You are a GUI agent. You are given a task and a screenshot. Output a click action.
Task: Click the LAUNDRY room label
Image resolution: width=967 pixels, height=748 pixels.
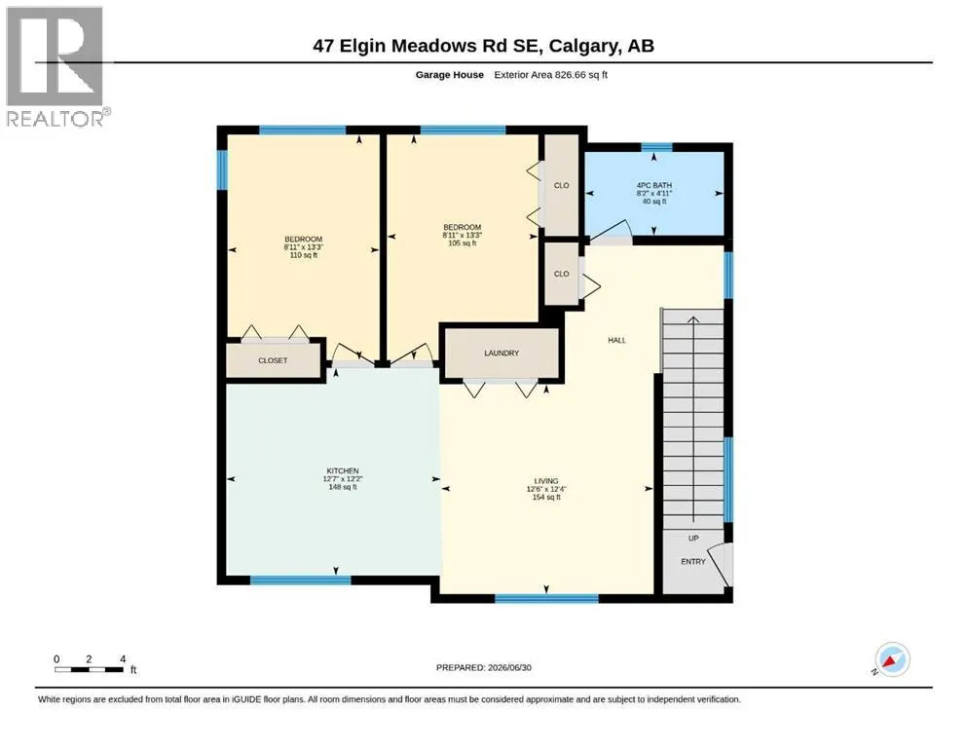[x=502, y=353]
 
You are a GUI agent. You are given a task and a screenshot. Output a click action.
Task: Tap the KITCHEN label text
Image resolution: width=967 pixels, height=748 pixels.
[x=342, y=470]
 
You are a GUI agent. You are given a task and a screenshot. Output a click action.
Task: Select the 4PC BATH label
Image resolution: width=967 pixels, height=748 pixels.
[x=654, y=185]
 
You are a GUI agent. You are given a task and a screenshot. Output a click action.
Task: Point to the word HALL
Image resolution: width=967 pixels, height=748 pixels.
[x=616, y=340]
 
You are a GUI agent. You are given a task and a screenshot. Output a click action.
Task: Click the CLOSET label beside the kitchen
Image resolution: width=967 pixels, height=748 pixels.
[x=273, y=360]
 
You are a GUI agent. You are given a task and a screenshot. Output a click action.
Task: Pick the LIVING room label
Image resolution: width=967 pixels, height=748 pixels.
[x=546, y=481]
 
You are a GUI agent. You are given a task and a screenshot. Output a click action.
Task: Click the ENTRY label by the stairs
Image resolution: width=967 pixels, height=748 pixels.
[x=693, y=562]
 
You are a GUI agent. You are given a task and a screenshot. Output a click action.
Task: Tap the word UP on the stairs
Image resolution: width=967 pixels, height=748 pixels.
[x=693, y=539]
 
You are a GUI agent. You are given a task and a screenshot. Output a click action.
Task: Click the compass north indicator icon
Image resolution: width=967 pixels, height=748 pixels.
[x=892, y=659]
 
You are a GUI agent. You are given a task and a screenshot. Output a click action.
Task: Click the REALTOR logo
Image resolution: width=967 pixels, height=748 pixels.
[x=56, y=66]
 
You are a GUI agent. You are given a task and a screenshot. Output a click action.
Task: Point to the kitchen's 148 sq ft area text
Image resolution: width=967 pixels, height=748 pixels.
[x=343, y=487]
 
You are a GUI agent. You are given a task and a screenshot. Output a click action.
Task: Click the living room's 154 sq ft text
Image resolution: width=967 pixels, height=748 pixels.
[x=546, y=497]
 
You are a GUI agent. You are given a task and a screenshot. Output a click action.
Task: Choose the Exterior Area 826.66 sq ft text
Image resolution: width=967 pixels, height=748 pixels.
[x=551, y=75]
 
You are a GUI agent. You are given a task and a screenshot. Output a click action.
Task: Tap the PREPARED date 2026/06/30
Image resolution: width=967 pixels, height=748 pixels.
[x=509, y=667]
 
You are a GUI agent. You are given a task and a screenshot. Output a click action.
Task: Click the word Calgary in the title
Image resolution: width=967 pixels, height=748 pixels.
[x=584, y=46]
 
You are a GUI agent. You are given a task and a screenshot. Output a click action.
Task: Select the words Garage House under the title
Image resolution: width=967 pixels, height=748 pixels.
[x=450, y=75]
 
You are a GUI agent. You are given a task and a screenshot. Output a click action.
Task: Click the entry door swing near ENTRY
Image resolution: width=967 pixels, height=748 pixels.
[x=719, y=564]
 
